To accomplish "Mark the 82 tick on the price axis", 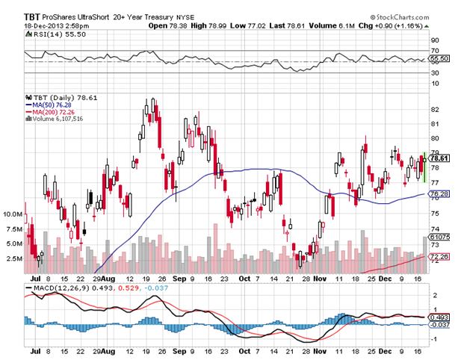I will coord(436,110).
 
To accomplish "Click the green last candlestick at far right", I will coord(424,168).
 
